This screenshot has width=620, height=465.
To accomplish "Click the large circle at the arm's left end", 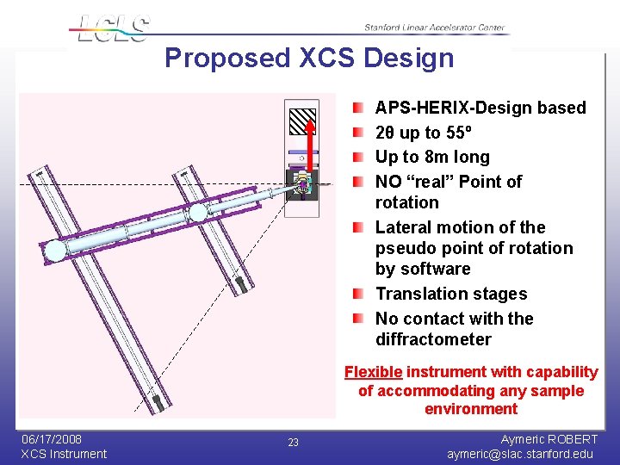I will click(54, 251).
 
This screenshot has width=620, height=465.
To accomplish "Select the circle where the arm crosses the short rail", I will click(198, 213).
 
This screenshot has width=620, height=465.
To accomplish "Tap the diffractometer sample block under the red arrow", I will click(304, 185).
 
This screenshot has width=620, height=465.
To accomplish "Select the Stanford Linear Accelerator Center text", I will click(434, 28).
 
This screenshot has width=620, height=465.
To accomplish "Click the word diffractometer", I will click(433, 339).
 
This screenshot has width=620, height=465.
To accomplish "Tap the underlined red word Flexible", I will click(373, 372).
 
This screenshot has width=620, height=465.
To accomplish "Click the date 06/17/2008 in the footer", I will click(53, 438).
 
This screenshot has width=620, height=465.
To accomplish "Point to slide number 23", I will click(293, 443).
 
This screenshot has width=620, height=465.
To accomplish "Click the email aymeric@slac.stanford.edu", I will click(520, 454).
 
